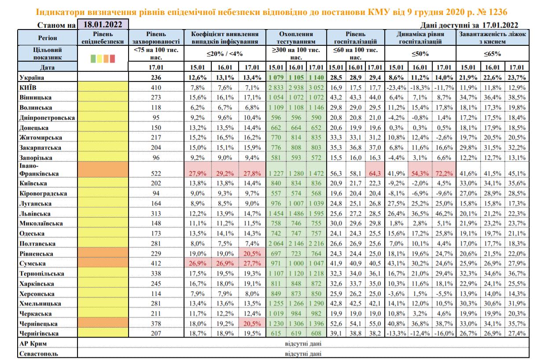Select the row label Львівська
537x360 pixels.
(35, 213)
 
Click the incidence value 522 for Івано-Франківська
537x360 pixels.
(157, 173)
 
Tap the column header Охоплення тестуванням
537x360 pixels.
(296, 37)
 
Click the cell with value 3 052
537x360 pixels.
(316, 87)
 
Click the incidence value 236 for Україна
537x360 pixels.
(157, 77)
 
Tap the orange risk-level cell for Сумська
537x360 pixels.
(103, 264)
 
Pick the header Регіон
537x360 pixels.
(48, 38)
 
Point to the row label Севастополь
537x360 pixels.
(39, 353)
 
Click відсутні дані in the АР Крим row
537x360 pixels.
(303, 343)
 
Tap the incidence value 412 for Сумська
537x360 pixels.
(157, 264)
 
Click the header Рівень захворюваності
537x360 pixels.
(157, 37)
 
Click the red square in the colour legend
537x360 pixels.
(112, 58)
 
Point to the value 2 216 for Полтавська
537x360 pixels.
(316, 243)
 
